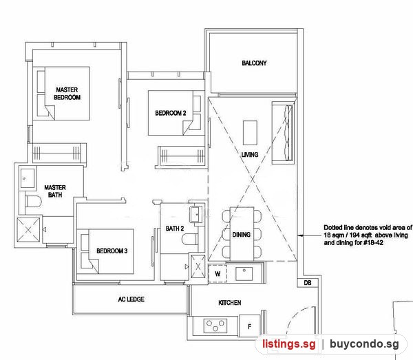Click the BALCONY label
point(254,63)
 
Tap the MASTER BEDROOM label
point(67,94)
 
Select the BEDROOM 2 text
point(171,114)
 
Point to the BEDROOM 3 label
point(112,251)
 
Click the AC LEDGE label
point(131,299)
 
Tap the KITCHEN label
point(230,303)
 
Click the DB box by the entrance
point(308,283)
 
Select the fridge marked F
point(249,326)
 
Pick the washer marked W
point(218,274)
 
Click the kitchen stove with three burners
point(215,326)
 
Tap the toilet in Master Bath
point(34,202)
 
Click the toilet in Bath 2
point(190,239)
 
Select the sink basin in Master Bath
point(28,178)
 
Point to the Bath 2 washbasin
point(196,214)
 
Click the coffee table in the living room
point(250,133)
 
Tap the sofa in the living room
point(283,133)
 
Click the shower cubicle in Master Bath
point(28,230)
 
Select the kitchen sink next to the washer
point(244,274)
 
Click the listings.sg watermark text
point(288,344)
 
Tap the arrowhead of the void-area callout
point(301,235)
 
